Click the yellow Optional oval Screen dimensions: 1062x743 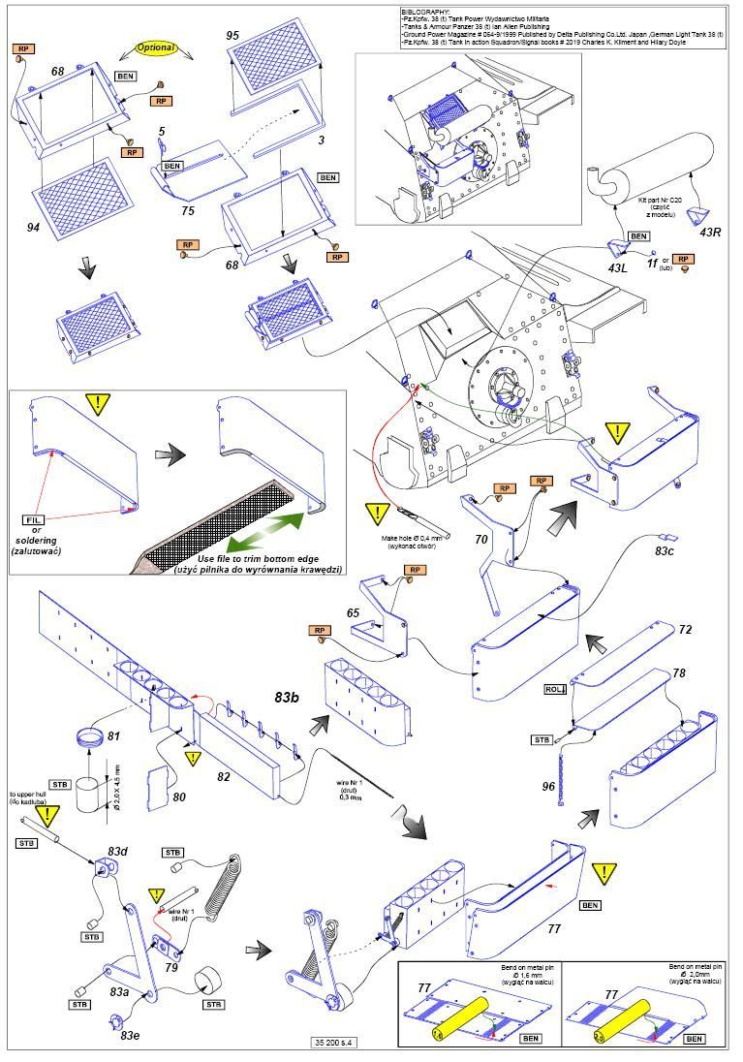click(156, 47)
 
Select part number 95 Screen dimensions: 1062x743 click(232, 35)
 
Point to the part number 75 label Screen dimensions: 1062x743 click(189, 208)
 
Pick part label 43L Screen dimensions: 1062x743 click(618, 266)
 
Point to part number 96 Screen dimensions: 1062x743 click(549, 787)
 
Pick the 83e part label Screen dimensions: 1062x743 click(130, 1036)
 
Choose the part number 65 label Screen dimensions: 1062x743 click(354, 612)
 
